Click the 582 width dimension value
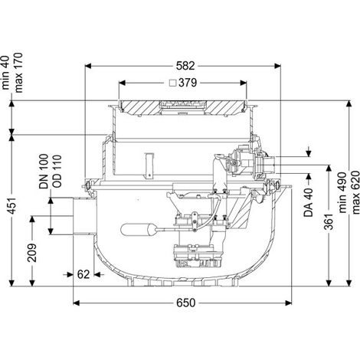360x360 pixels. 185,66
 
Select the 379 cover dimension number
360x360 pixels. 188,83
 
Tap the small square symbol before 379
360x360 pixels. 173,83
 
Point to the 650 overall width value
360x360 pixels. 185,303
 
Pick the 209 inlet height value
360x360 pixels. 32,253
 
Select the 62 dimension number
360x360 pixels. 83,274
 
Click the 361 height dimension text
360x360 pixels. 329,221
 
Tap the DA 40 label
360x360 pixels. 309,203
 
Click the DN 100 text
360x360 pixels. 44,172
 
